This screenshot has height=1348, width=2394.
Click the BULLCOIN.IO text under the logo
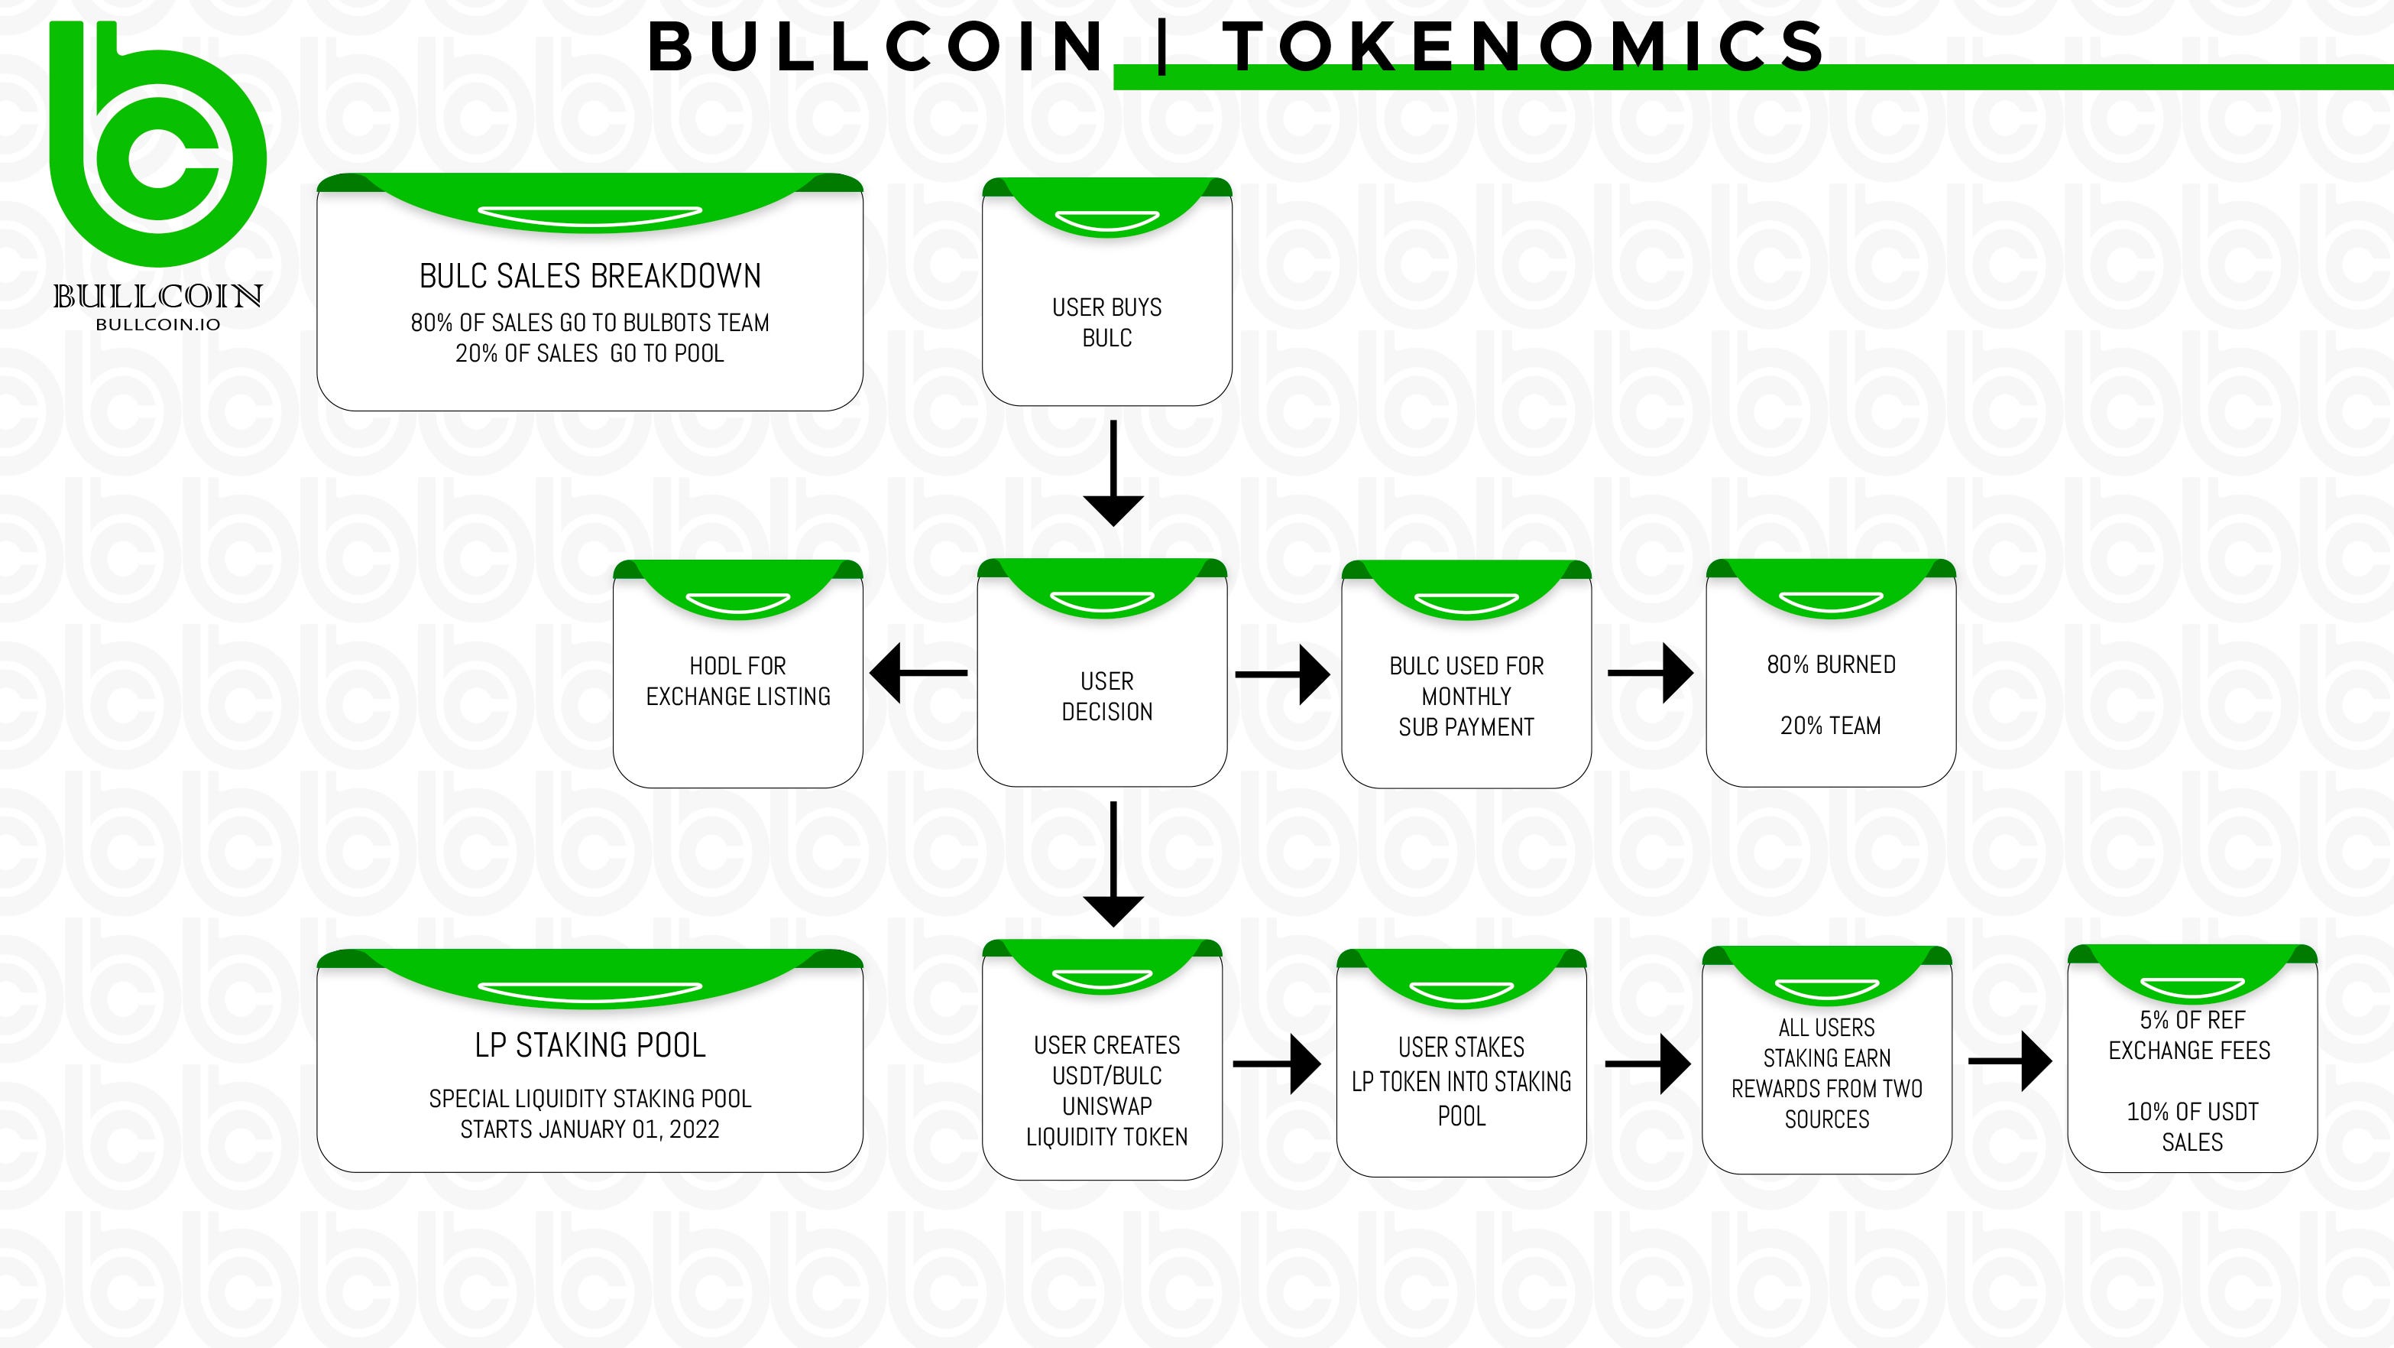[x=158, y=324]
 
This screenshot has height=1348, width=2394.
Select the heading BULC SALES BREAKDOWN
[x=590, y=276]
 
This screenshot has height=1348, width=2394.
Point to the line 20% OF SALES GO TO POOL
[x=589, y=353]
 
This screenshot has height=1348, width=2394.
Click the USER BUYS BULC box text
[x=1107, y=322]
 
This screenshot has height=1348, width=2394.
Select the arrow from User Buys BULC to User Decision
[x=1113, y=474]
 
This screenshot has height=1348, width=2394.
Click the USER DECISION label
[x=1107, y=697]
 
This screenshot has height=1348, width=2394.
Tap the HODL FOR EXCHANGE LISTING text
[x=738, y=680]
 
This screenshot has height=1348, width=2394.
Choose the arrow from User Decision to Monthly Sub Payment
[x=1282, y=675]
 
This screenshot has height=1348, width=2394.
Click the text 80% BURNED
[x=1831, y=664]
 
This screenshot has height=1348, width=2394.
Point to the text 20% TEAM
[x=1831, y=726]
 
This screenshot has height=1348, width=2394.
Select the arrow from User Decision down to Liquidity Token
[x=1113, y=865]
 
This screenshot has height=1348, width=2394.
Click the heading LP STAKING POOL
[x=590, y=1046]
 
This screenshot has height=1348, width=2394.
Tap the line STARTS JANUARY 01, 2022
[x=590, y=1129]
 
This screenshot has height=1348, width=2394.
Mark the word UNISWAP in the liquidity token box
[x=1107, y=1106]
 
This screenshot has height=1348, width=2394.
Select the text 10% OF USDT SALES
[x=2192, y=1127]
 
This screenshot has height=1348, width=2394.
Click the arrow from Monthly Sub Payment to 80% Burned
[x=1651, y=673]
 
